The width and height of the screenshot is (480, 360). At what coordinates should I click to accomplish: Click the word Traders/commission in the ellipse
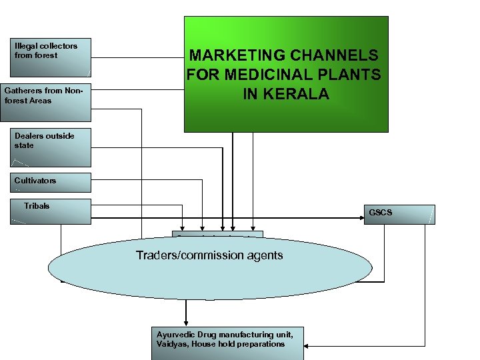(x=189, y=255)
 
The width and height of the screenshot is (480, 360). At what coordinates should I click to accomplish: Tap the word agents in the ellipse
(x=264, y=255)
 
